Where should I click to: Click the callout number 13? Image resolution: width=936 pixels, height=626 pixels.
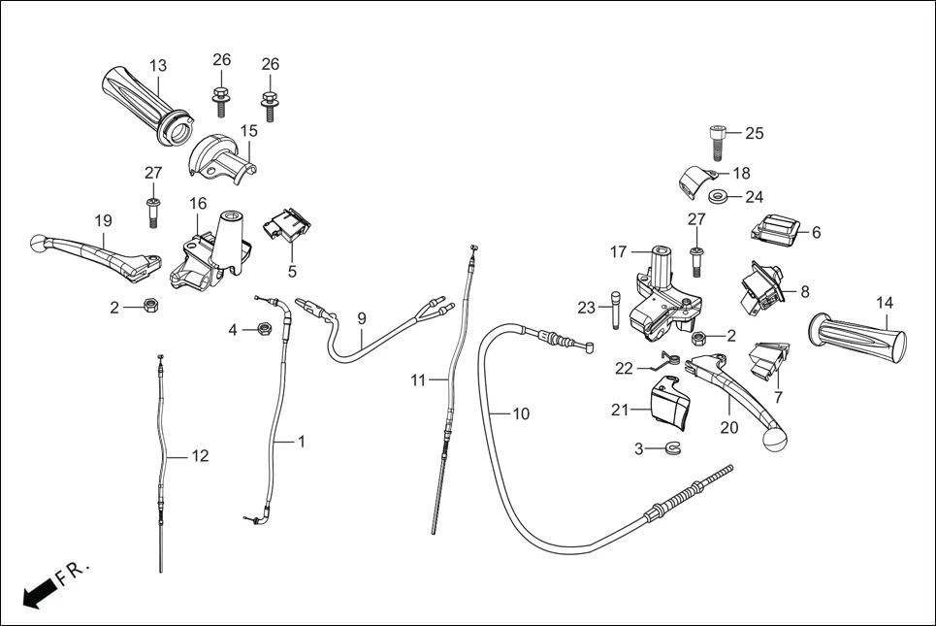tap(158, 66)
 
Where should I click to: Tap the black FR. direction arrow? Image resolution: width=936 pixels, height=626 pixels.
tap(38, 590)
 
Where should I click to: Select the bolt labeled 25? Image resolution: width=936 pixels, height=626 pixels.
tap(715, 142)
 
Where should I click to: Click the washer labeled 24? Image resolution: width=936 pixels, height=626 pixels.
tap(719, 198)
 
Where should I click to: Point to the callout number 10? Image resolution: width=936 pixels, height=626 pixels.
tap(521, 414)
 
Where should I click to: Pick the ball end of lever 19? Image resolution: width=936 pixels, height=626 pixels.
tap(39, 242)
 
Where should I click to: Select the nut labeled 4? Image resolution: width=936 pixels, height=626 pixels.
tap(262, 330)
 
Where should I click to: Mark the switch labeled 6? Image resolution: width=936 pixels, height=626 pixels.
tap(776, 231)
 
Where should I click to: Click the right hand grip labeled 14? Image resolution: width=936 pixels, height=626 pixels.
tap(861, 337)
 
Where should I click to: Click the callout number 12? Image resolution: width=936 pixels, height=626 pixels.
tap(200, 455)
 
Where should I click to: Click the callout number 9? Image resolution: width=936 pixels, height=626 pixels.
tap(361, 318)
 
